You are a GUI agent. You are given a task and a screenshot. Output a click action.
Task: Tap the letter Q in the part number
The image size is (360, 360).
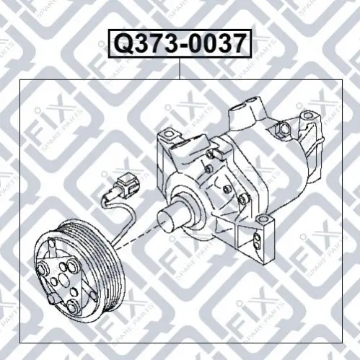[123, 44]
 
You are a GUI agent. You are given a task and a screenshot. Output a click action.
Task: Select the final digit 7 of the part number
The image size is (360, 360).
[239, 44]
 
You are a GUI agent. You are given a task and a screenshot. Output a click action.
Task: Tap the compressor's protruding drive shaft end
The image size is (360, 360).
[166, 218]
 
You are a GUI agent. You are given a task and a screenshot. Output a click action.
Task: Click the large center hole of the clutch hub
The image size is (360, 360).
[63, 278]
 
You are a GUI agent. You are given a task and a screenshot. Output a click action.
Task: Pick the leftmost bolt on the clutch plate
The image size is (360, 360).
[43, 268]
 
